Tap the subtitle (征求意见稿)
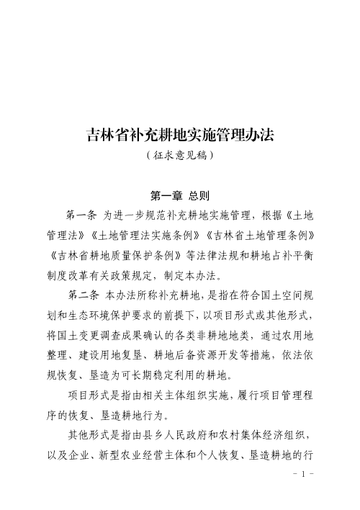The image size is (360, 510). (x=180, y=154)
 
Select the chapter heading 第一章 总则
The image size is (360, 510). (x=180, y=195)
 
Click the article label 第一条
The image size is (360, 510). (x=81, y=215)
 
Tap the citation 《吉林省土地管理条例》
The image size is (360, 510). (x=259, y=235)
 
